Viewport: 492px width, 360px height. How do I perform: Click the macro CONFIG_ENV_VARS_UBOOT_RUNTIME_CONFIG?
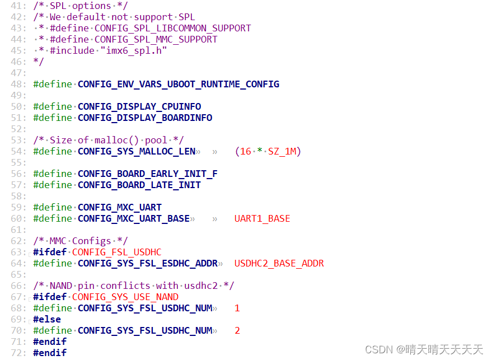[178, 84]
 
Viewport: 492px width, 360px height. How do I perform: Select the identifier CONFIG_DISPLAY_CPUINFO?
[139, 106]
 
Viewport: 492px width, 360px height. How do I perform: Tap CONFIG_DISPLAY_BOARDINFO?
[144, 118]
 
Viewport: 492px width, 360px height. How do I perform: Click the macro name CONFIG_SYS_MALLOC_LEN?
[136, 151]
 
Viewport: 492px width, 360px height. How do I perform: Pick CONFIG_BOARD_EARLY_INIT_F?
[147, 174]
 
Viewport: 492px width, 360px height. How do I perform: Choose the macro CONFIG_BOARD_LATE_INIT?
[139, 185]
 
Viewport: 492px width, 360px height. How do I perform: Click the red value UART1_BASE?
[262, 218]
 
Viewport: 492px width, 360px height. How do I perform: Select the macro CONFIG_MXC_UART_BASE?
[133, 218]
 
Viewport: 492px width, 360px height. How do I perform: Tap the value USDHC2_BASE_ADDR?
[279, 263]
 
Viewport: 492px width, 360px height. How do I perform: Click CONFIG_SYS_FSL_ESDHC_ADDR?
[147, 263]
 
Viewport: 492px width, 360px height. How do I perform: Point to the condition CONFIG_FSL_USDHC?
[116, 252]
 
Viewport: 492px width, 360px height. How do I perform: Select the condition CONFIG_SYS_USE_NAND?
[125, 297]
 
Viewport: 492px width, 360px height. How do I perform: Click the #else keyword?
[47, 319]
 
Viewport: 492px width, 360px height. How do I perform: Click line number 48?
[18, 84]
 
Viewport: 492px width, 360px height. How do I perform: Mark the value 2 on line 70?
[237, 330]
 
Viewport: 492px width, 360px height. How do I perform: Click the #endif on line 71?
[50, 342]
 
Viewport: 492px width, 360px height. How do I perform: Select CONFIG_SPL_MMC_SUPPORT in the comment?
[156, 39]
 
